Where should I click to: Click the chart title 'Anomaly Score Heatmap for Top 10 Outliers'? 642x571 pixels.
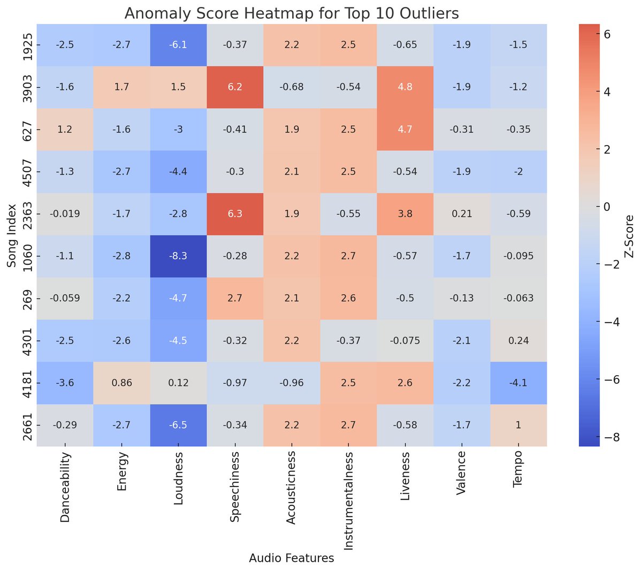tap(292, 13)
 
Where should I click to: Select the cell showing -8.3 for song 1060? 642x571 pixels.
tap(178, 256)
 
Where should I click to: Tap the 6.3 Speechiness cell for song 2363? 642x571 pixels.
tap(235, 214)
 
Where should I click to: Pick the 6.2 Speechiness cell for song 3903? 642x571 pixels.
tap(235, 87)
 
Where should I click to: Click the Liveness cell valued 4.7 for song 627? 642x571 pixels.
tap(405, 129)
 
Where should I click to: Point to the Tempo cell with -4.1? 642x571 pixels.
tap(518, 383)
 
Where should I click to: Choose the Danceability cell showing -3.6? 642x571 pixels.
tap(65, 383)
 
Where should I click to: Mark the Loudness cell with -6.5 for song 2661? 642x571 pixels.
tap(178, 425)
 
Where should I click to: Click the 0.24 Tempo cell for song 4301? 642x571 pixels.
tap(518, 340)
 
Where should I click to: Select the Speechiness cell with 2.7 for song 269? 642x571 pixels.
tap(235, 298)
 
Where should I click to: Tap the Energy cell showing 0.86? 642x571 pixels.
tap(121, 383)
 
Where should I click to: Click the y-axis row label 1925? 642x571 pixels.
tap(27, 44)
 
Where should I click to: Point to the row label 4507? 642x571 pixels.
tap(27, 171)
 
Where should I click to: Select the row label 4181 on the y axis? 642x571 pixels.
tap(27, 383)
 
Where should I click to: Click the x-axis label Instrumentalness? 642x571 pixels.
tap(348, 500)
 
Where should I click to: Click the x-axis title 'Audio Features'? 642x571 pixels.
tap(292, 558)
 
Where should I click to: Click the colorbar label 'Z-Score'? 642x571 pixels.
tap(629, 235)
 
